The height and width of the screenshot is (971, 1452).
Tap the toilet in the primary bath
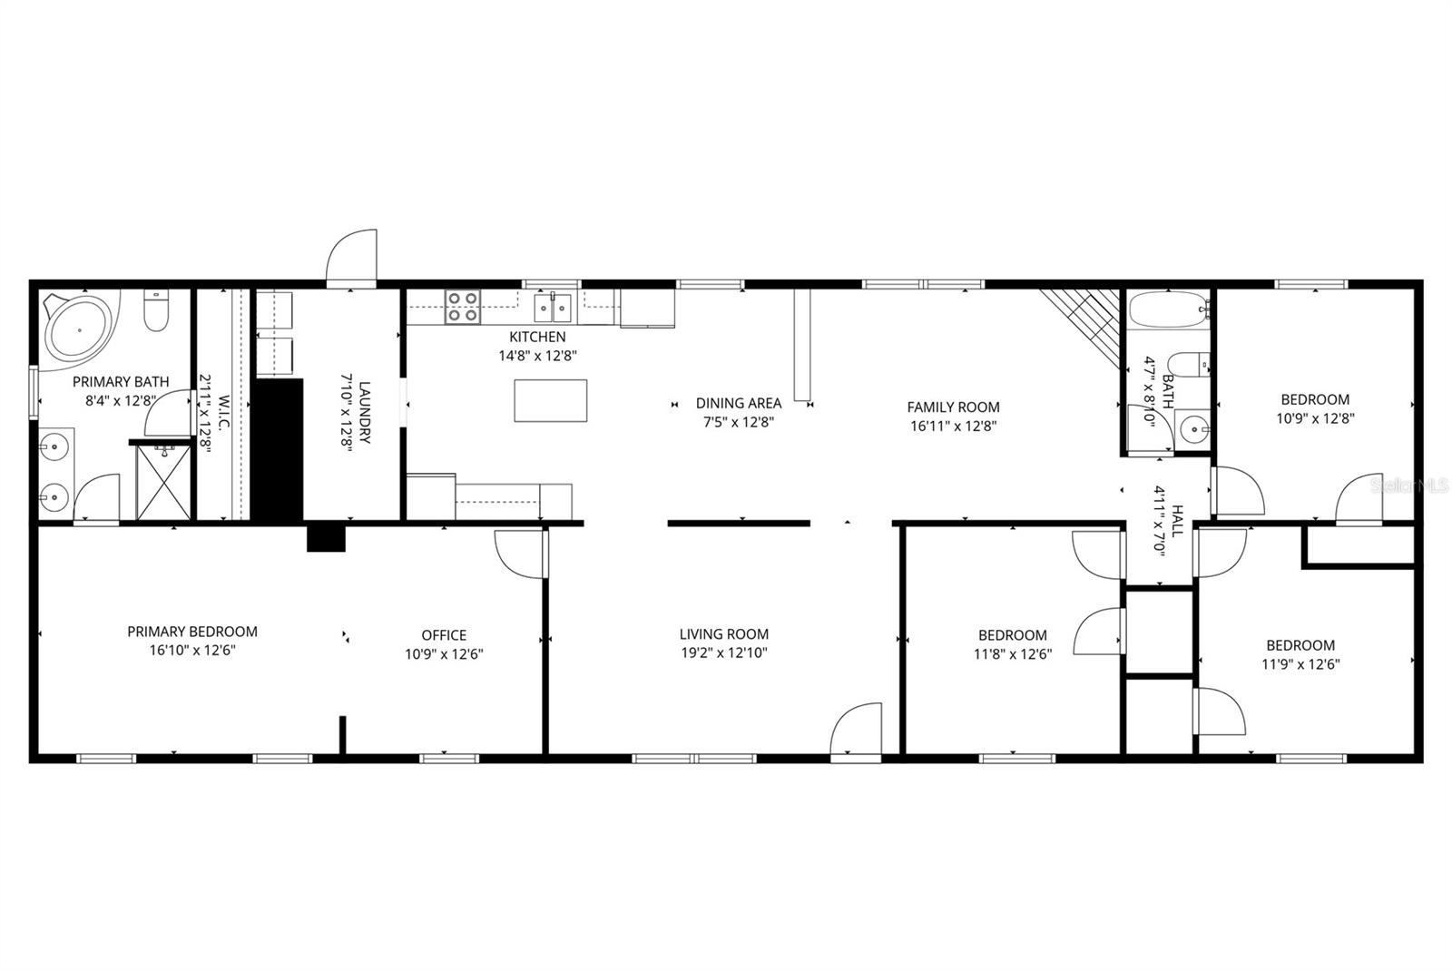[157, 311]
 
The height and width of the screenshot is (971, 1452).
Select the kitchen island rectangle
[550, 400]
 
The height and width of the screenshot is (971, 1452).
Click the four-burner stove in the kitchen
[462, 306]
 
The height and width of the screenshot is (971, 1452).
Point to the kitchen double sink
[553, 308]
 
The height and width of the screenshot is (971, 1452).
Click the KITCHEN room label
[537, 337]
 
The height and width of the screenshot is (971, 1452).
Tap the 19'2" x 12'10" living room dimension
[723, 652]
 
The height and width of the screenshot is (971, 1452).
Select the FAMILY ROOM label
[953, 407]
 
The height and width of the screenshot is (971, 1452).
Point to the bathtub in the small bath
[1169, 309]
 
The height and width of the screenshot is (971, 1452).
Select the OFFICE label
[444, 635]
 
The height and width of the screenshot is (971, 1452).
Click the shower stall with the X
[164, 482]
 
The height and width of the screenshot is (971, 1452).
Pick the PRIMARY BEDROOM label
[192, 632]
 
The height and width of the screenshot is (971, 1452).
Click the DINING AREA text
[738, 403]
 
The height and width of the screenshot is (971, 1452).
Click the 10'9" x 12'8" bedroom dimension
[1315, 418]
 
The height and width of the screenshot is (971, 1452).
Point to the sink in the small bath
[1195, 427]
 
